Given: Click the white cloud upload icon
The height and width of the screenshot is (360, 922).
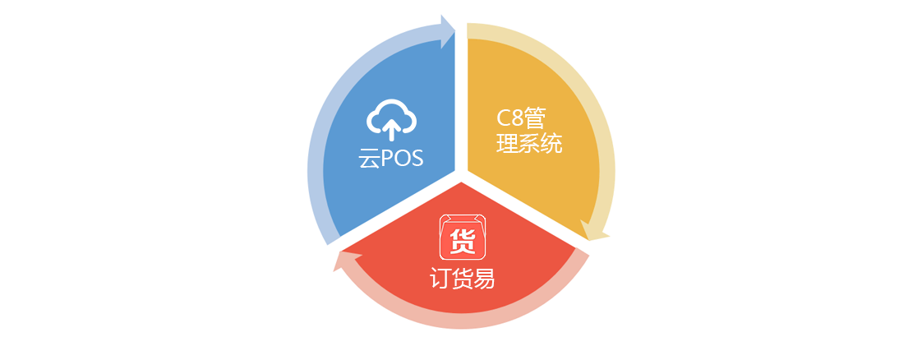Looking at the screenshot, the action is pyautogui.click(x=392, y=120).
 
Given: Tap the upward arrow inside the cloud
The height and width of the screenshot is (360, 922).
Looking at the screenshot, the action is pyautogui.click(x=392, y=129).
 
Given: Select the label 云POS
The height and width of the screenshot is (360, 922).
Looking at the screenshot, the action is pyautogui.click(x=391, y=159).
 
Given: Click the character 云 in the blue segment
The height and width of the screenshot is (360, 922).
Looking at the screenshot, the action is pyautogui.click(x=368, y=159).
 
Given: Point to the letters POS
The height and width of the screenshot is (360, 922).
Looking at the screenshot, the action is pyautogui.click(x=402, y=159).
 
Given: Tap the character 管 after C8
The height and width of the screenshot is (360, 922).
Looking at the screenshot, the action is pyautogui.click(x=534, y=118).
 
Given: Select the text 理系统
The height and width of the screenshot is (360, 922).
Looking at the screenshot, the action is pyautogui.click(x=529, y=144).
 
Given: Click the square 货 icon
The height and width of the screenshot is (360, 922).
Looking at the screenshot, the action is pyautogui.click(x=462, y=237).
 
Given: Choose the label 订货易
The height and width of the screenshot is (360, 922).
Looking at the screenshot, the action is pyautogui.click(x=462, y=279).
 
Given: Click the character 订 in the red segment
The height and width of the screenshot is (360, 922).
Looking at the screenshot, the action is pyautogui.click(x=440, y=279).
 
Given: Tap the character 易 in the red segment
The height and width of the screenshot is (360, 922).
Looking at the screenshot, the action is pyautogui.click(x=485, y=279).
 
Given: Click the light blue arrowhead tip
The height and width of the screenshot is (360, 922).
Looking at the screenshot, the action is pyautogui.click(x=454, y=30).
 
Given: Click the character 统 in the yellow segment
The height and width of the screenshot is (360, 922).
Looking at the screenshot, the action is pyautogui.click(x=551, y=144).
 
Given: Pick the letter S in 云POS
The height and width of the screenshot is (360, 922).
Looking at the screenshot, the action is pyautogui.click(x=417, y=159).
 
